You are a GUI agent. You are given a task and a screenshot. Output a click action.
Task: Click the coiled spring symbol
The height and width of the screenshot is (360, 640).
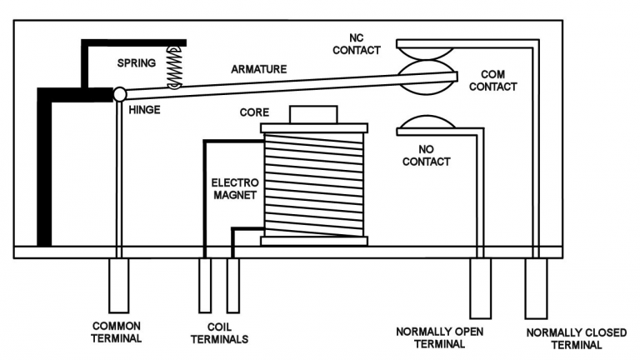[175, 67]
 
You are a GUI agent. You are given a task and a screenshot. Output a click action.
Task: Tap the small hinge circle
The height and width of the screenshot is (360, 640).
[120, 95]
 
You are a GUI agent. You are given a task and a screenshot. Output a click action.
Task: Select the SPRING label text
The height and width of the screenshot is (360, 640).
[135, 63]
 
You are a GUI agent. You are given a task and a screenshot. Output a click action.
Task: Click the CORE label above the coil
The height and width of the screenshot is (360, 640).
[254, 111]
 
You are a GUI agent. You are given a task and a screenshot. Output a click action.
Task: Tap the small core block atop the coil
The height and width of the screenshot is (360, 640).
[312, 114]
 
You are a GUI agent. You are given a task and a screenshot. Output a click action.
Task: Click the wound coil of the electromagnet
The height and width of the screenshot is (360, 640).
[314, 183]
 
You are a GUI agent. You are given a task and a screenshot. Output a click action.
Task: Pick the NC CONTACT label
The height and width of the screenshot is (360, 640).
[357, 43]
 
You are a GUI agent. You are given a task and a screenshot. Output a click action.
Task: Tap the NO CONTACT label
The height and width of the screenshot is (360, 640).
[426, 155]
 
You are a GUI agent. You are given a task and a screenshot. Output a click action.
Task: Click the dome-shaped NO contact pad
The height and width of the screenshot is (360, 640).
[427, 124]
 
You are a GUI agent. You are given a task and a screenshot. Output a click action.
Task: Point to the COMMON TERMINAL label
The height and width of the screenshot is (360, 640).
[118, 332]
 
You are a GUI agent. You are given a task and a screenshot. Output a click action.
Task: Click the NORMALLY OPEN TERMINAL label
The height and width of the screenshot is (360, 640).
[439, 337]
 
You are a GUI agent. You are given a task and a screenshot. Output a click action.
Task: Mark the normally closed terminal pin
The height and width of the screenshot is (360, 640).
[535, 287]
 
